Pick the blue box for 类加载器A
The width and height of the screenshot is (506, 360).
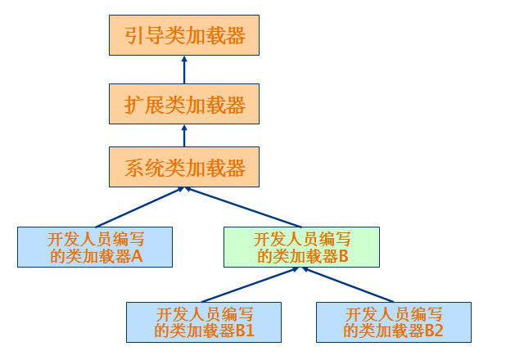[x=96, y=247]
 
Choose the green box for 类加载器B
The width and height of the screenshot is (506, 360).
[x=302, y=247]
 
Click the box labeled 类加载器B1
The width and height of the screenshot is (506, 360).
[x=204, y=322]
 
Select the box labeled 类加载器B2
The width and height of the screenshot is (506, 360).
[x=394, y=322]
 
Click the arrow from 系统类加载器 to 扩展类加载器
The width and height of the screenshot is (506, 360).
[x=185, y=135]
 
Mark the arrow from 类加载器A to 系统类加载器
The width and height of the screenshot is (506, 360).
[x=139, y=208]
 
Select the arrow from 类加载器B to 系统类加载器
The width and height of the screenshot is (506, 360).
[x=244, y=208]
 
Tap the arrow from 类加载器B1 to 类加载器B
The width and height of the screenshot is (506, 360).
[x=250, y=285]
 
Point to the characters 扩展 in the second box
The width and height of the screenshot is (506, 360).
[x=145, y=104]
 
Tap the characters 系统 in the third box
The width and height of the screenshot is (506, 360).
[x=145, y=168]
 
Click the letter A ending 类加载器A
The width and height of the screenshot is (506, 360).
[x=137, y=256]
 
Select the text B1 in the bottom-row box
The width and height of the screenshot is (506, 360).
[x=245, y=331]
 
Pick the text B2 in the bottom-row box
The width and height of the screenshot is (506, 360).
[x=434, y=331]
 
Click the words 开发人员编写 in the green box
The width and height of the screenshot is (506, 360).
[x=302, y=239]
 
